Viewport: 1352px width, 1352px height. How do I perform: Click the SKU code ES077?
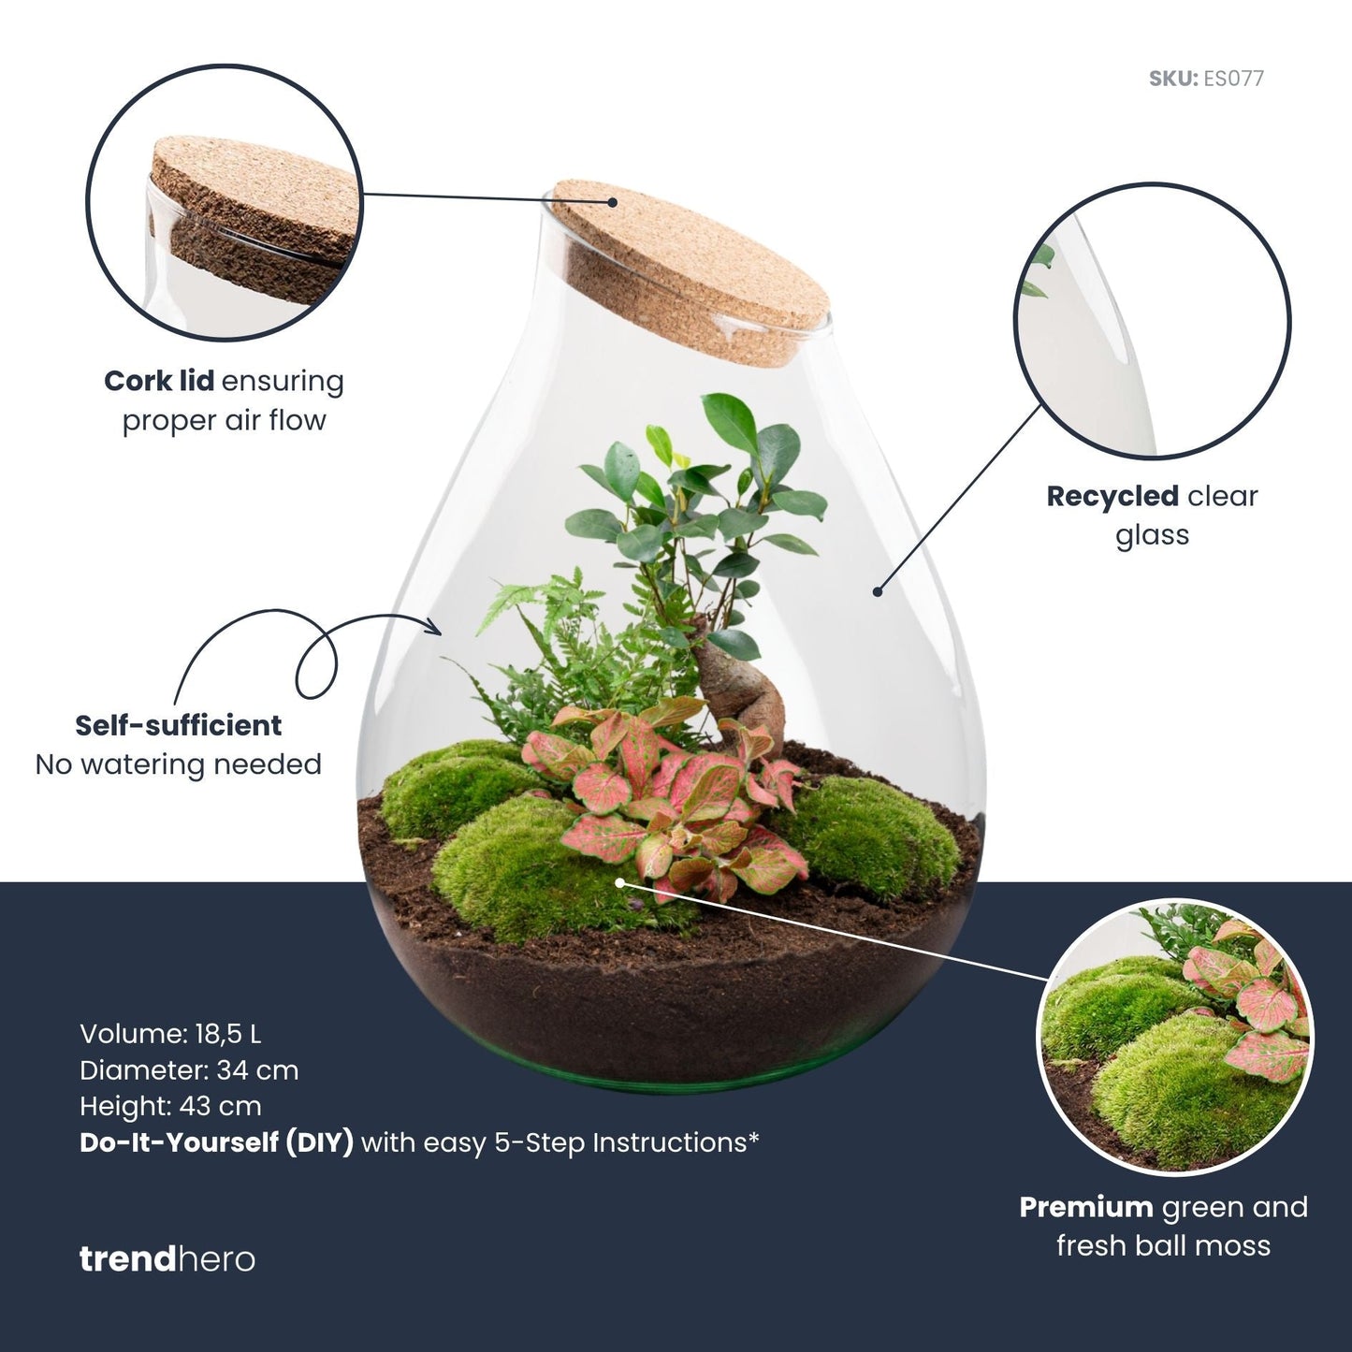[x=1232, y=79]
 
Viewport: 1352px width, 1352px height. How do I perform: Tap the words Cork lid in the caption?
[x=159, y=382]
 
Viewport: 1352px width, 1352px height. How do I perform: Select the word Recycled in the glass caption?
[x=1112, y=497]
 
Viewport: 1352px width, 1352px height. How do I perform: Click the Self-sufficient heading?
[x=178, y=726]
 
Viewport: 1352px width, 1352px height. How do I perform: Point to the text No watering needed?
[x=178, y=765]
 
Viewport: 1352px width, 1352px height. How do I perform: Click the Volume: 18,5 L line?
[x=170, y=1034]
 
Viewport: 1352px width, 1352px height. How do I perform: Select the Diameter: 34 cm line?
[x=189, y=1069]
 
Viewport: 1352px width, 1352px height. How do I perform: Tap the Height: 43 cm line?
[x=170, y=1106]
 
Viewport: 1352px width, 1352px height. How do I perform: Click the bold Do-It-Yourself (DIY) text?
[x=216, y=1142]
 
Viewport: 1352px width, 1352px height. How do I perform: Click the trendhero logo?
[x=167, y=1258]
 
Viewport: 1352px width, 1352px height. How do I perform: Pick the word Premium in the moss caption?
[x=1085, y=1208]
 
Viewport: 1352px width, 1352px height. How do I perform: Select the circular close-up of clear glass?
[x=1152, y=320]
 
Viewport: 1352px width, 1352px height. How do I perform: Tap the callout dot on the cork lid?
[x=612, y=201]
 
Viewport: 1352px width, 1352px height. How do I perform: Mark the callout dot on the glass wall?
[x=878, y=590]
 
